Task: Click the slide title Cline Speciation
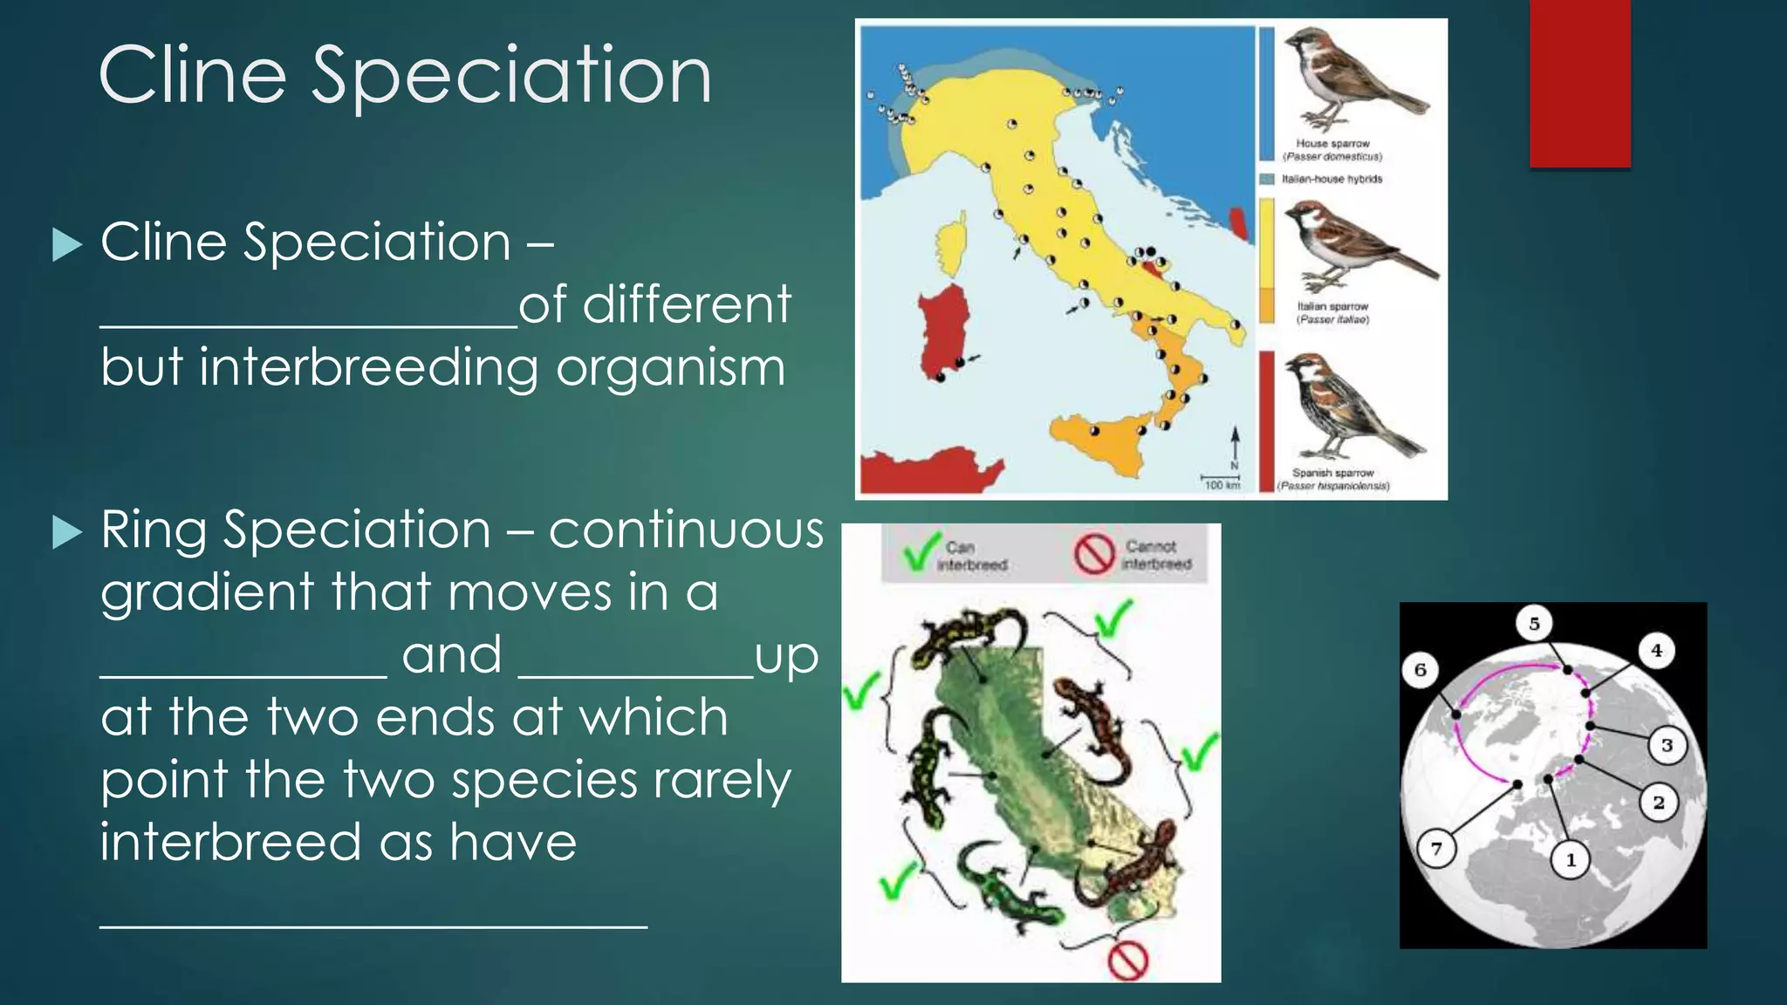[x=405, y=75]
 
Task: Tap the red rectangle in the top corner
[x=1579, y=83]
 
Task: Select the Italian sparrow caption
[x=1332, y=312]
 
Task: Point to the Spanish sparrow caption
[x=1333, y=479]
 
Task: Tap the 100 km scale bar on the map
[x=1221, y=482]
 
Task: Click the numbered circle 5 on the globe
[x=1534, y=623]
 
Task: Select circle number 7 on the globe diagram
[x=1436, y=848]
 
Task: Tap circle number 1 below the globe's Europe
[x=1571, y=860]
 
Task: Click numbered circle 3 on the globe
[x=1667, y=745]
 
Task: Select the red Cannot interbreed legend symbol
[x=1094, y=554]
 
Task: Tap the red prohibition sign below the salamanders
[x=1127, y=960]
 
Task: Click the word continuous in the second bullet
[x=686, y=530]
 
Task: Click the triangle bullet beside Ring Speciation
[x=67, y=531]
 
